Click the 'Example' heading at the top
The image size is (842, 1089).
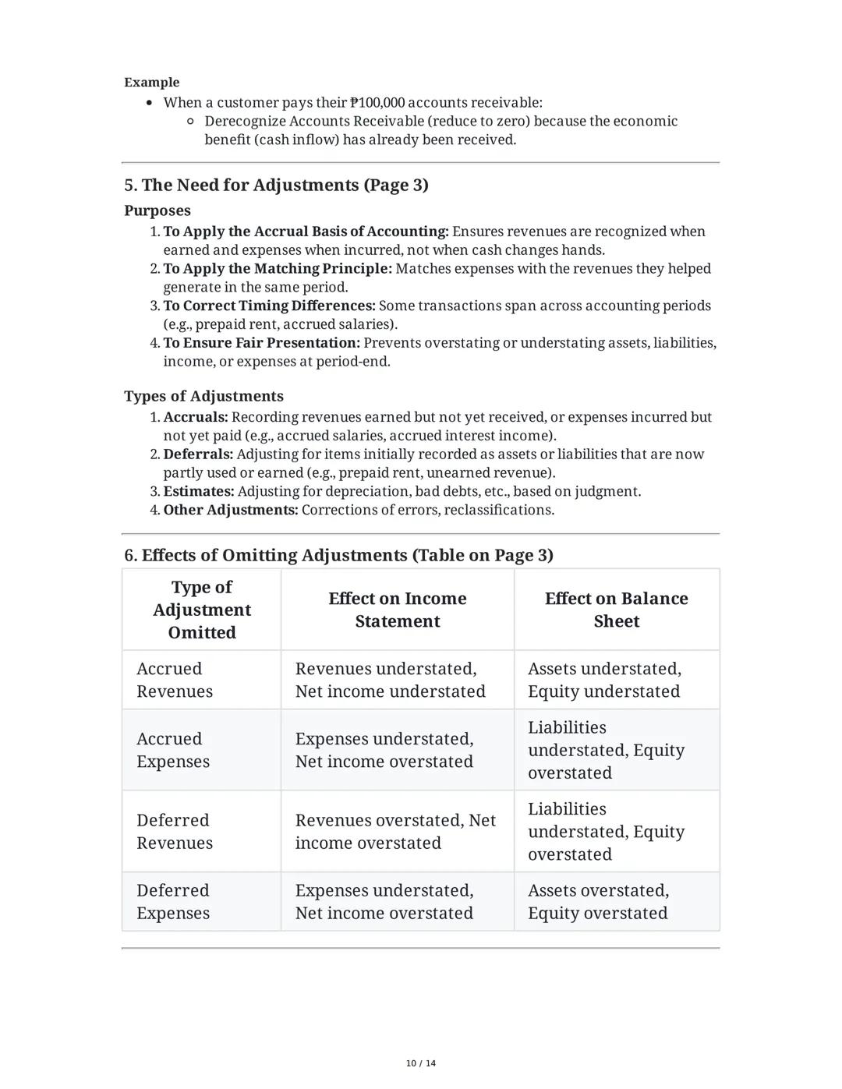click(x=151, y=82)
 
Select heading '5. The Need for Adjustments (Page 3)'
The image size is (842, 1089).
click(x=276, y=185)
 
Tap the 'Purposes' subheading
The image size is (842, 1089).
click(x=157, y=210)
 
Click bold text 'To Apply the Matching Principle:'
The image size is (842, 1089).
click(x=277, y=268)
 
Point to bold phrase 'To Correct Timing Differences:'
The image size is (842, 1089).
click(x=268, y=306)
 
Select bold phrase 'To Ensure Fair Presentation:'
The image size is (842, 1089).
click(x=261, y=343)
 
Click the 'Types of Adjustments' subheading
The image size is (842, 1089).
click(x=203, y=396)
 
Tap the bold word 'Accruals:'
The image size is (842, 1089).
click(x=195, y=417)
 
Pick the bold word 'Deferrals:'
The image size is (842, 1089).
click(x=198, y=454)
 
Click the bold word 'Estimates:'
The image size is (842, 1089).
click(x=198, y=491)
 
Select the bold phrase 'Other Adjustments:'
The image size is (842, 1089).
click(x=230, y=510)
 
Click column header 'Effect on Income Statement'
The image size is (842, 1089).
click(x=397, y=610)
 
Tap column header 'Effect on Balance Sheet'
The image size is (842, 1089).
click(x=616, y=610)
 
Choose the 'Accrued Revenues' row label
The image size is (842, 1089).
click(x=175, y=680)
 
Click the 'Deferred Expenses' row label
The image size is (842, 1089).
click(x=173, y=901)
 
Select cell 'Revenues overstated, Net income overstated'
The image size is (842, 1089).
click(x=395, y=831)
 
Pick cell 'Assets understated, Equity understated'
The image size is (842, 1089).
click(x=604, y=680)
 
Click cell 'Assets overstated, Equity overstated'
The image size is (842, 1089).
click(x=598, y=901)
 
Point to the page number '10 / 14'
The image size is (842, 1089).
click(x=421, y=1063)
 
